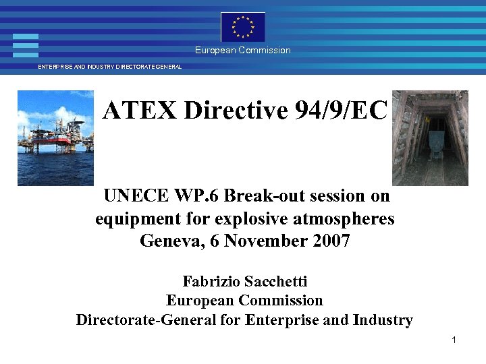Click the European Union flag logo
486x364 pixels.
(243, 27)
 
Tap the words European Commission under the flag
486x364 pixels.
(243, 51)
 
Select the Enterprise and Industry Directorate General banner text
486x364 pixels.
(109, 67)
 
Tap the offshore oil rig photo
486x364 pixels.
(55, 138)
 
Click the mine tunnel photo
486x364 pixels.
(430, 138)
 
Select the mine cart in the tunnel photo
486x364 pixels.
(433, 145)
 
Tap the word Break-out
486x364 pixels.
(262, 196)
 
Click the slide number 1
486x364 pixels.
(454, 340)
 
